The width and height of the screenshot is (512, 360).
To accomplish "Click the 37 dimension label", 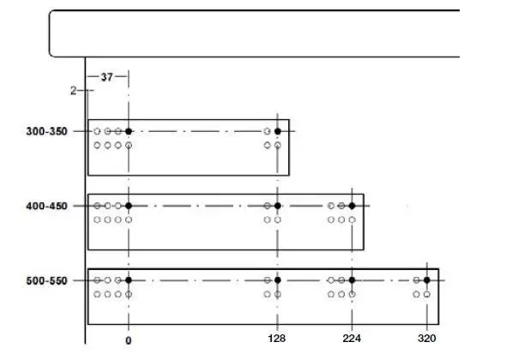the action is (107, 77).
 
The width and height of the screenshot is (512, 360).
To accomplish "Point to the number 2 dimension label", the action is (74, 90).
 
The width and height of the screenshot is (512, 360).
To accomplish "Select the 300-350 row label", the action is (46, 131).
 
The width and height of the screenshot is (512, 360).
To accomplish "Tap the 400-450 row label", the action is (46, 206).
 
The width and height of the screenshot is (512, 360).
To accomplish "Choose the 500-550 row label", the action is (46, 280).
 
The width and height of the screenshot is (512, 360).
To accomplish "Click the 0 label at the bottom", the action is (129, 340).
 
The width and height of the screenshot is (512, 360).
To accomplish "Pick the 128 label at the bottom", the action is (276, 339).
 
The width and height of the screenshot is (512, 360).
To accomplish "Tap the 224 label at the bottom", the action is (352, 339).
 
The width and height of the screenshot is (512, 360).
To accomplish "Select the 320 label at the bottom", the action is (427, 339).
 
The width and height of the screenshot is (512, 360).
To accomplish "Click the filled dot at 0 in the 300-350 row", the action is (129, 131).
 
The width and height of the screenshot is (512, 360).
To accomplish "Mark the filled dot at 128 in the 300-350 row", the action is (278, 131).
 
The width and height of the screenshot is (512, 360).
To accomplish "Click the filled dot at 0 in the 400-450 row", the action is (129, 206).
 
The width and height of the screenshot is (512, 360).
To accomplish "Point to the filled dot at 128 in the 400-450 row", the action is (278, 206).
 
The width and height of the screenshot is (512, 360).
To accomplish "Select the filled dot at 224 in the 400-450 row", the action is (352, 206).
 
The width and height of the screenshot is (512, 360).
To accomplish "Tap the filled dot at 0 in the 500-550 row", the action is (129, 280).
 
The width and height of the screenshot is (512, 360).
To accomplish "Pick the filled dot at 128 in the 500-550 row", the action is (278, 280).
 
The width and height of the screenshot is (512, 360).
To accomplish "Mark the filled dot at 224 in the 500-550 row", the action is (352, 280).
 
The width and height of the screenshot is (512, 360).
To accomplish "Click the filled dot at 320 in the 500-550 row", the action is (427, 280).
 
